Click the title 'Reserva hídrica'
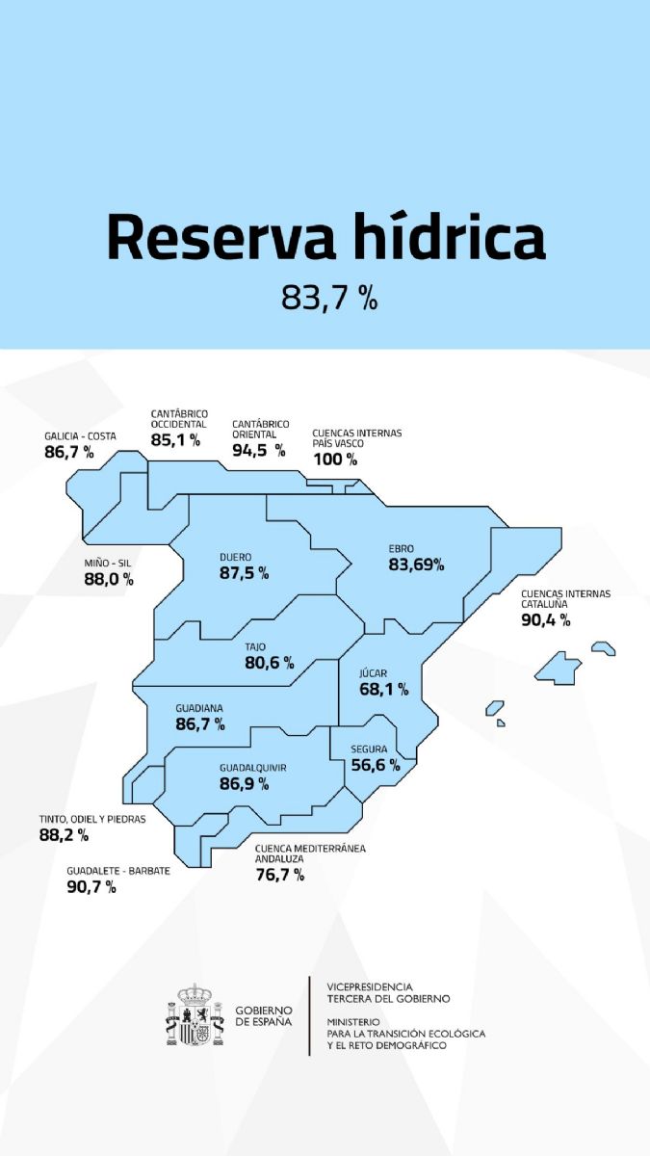pyautogui.click(x=325, y=237)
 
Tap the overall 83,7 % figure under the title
pyautogui.click(x=328, y=298)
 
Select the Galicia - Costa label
pyautogui.click(x=80, y=436)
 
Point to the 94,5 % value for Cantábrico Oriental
pyautogui.click(x=258, y=449)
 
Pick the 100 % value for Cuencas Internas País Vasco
pyautogui.click(x=334, y=459)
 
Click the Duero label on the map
pyautogui.click(x=235, y=557)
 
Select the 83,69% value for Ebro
pyautogui.click(x=416, y=565)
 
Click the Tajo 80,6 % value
pyautogui.click(x=269, y=663)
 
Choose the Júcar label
pyautogui.click(x=374, y=673)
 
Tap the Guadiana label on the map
pyautogui.click(x=200, y=705)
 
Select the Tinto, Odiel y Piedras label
pyautogui.click(x=92, y=820)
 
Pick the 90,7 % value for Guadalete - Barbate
pyautogui.click(x=91, y=886)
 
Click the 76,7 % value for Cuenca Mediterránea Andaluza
pyautogui.click(x=280, y=875)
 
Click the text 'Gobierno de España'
pyautogui.click(x=264, y=1015)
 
